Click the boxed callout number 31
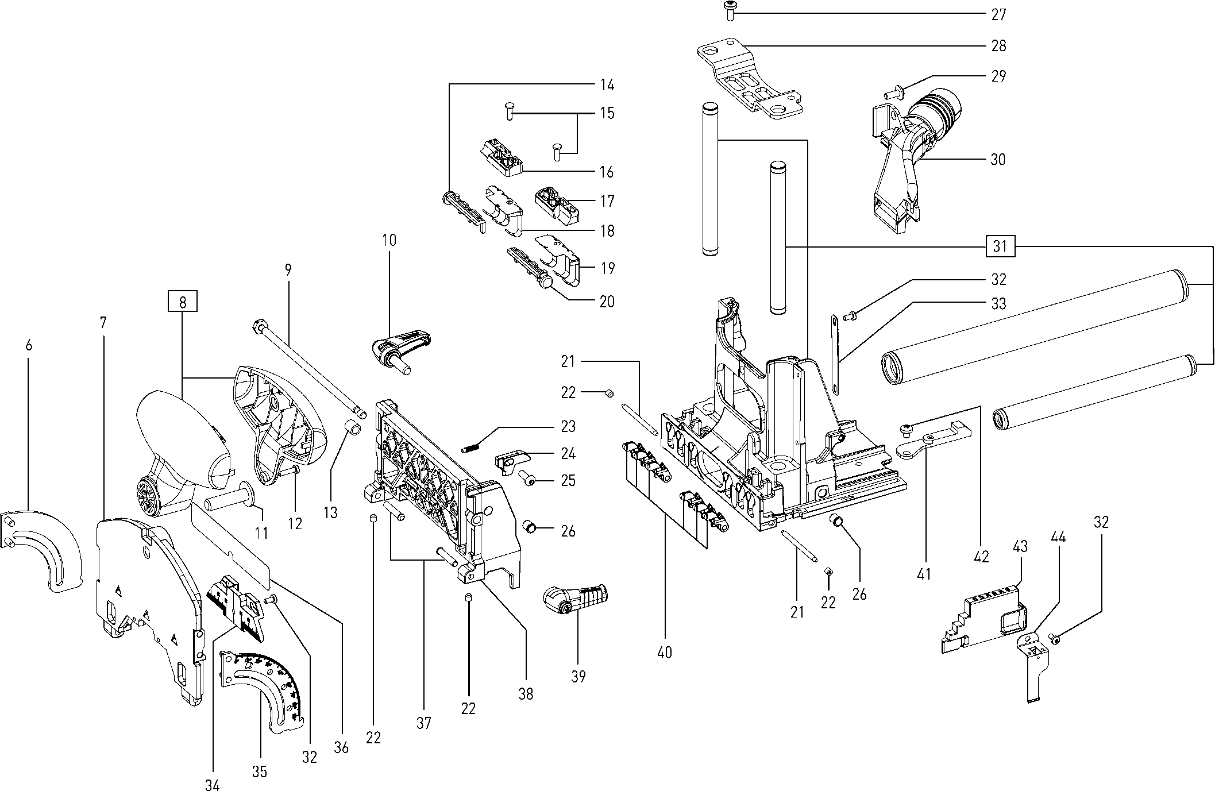(x=1000, y=246)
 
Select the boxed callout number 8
(x=183, y=302)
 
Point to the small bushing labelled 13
(x=353, y=428)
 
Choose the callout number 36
(x=342, y=747)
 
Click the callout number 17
(x=607, y=201)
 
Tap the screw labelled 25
(x=528, y=477)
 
